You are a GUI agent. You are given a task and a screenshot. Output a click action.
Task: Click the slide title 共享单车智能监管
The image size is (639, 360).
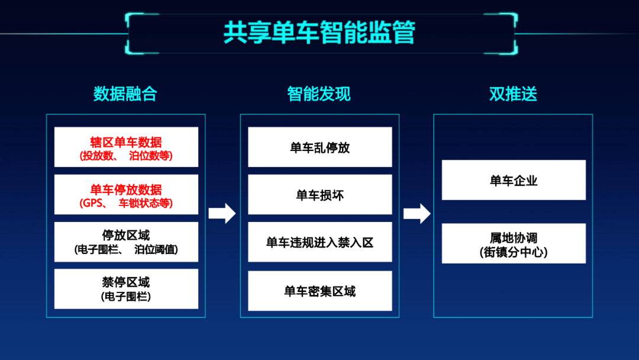[x=319, y=33]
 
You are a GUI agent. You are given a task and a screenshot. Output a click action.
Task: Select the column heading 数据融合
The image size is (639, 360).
[x=125, y=94]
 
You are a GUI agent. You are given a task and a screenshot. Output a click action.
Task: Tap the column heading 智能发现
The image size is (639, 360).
[x=319, y=94]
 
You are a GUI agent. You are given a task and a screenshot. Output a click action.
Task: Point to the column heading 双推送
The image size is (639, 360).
[x=513, y=94]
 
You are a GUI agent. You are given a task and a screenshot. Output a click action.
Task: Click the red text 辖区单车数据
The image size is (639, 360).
[x=126, y=142]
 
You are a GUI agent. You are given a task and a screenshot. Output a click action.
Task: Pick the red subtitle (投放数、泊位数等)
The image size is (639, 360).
[x=126, y=156]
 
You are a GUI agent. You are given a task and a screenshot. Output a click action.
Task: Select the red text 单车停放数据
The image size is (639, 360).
[x=126, y=189]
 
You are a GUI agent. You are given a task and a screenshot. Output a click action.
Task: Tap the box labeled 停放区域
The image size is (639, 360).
[x=127, y=242]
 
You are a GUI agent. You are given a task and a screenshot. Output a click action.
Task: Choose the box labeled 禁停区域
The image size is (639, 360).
[x=127, y=289]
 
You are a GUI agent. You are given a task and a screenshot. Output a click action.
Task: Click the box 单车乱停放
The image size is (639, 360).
[x=320, y=147]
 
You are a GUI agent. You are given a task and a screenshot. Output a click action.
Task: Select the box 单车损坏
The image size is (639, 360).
[x=320, y=194]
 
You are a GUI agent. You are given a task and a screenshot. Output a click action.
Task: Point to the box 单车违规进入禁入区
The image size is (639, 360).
[x=320, y=242]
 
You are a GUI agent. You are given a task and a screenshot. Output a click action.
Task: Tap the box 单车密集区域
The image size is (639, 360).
[x=320, y=291]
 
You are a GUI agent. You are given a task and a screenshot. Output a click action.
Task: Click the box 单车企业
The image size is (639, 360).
[x=514, y=180]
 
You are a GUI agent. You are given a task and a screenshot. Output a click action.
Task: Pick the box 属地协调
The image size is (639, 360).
[x=514, y=243]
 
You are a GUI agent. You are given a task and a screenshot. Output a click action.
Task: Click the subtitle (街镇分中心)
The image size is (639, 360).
[x=514, y=252]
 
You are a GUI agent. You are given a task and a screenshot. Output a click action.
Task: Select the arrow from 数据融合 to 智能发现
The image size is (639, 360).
[x=222, y=213]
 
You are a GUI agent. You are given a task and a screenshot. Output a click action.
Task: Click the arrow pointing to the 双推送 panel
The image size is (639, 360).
[x=417, y=213]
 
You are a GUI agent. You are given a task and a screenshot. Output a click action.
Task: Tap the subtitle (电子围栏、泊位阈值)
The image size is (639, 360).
[x=126, y=249]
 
